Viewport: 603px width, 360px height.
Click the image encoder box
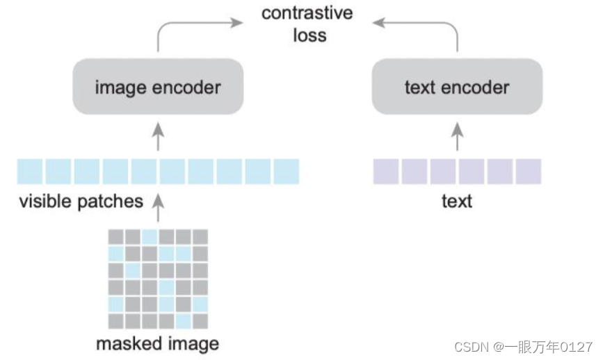point(158,87)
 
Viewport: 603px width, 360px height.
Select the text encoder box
point(457,87)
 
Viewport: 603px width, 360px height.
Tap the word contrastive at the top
point(307,13)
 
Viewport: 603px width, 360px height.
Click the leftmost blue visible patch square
point(31,171)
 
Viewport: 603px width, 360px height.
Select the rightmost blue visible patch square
point(286,171)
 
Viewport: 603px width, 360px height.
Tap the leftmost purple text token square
point(385,171)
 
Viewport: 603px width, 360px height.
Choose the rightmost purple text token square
point(529,171)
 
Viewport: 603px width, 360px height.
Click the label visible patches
point(81,202)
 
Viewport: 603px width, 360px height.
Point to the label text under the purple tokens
point(457,202)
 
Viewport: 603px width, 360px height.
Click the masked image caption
point(157,343)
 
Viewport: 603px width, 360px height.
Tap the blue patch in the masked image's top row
point(150,236)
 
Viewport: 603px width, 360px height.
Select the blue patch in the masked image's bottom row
point(183,320)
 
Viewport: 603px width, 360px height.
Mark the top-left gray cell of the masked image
point(116,236)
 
